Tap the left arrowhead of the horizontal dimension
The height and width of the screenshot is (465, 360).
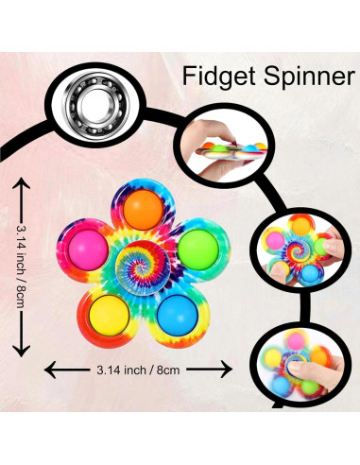coord(49,368)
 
